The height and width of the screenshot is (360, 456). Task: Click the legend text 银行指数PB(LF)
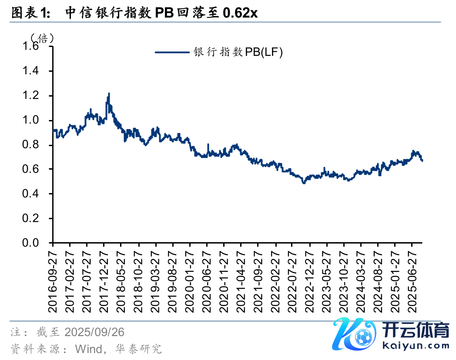[x=238, y=53]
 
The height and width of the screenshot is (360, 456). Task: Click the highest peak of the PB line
[x=108, y=93]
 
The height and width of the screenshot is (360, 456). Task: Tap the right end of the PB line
[x=422, y=161]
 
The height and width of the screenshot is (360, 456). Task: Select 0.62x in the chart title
[x=240, y=13]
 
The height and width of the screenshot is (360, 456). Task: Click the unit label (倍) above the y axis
[x=42, y=38]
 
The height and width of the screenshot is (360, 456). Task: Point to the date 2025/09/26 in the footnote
[x=94, y=333]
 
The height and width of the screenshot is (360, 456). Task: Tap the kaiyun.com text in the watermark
[x=416, y=346]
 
